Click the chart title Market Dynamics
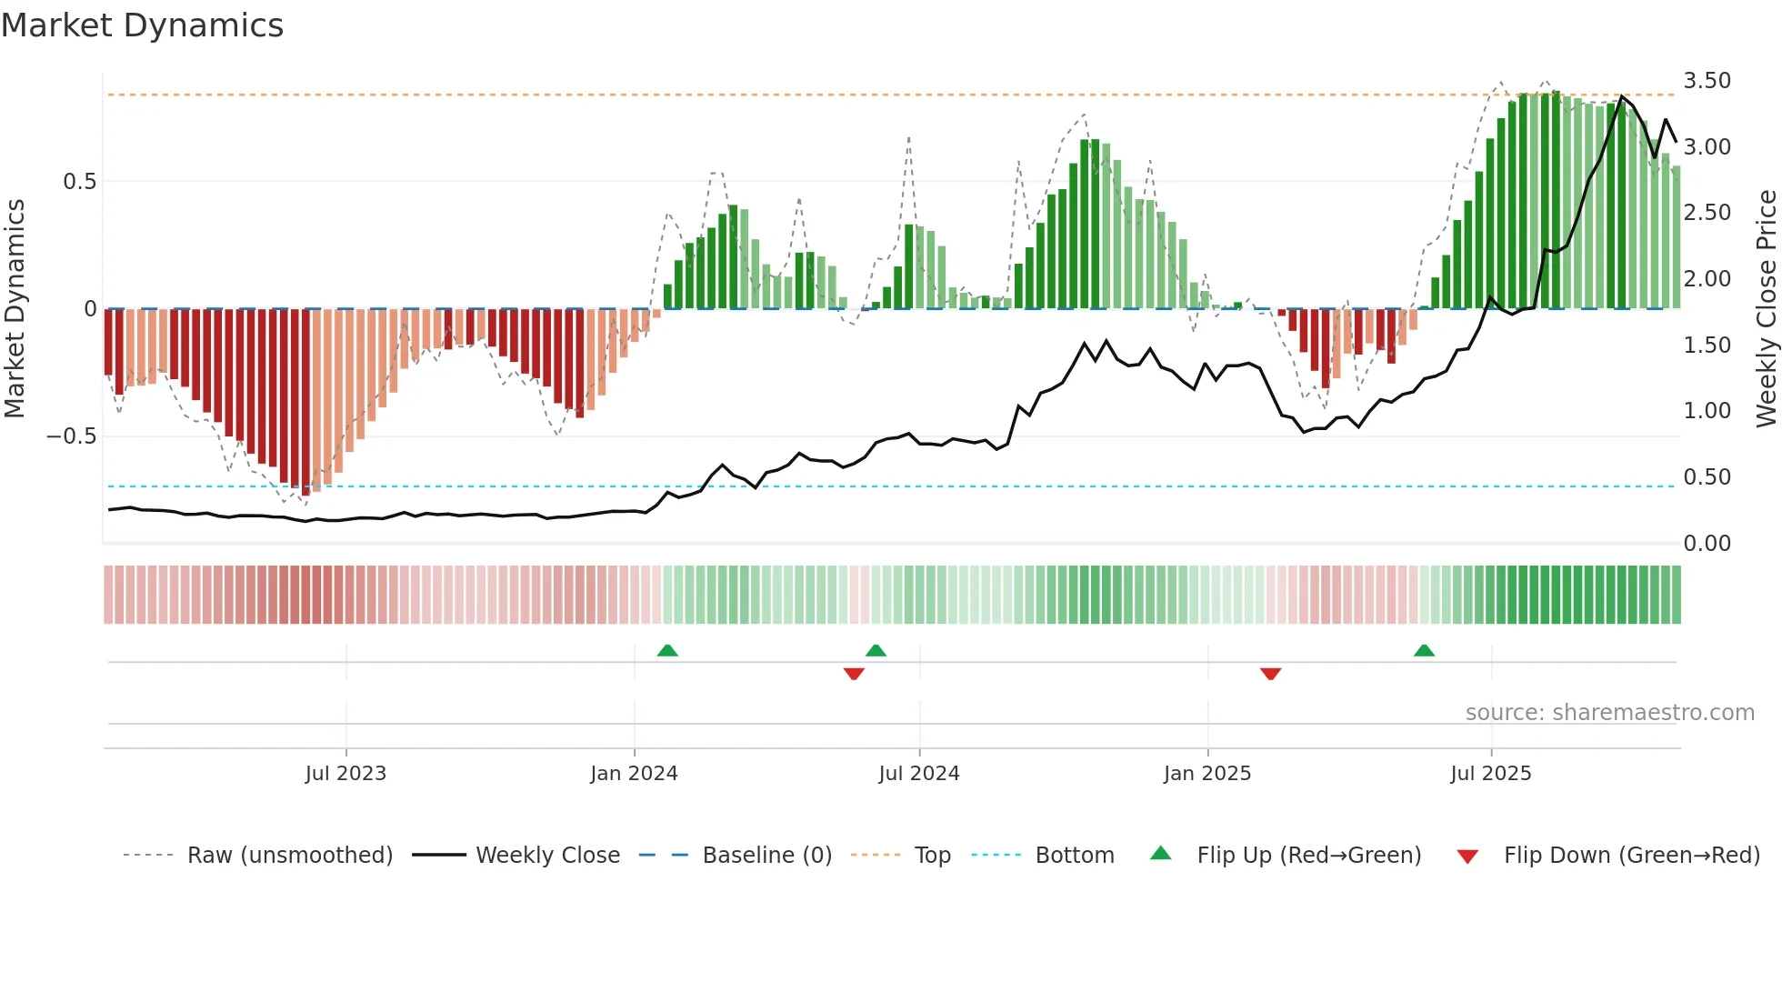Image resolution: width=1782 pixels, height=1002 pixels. coord(142,25)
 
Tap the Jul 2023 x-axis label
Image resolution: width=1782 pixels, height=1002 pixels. coord(345,774)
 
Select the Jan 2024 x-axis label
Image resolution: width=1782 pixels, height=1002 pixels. coord(634,774)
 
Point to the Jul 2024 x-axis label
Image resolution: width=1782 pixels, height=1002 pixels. coord(918,774)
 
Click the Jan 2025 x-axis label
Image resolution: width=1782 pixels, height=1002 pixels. coord(1207,774)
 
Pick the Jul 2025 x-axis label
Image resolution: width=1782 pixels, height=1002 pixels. coord(1490,774)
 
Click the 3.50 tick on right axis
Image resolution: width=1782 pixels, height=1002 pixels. coord(1707,81)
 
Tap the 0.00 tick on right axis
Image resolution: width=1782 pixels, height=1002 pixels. coord(1707,544)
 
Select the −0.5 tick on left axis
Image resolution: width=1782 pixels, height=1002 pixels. coord(71,436)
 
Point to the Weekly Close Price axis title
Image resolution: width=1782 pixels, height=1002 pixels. coord(1766,308)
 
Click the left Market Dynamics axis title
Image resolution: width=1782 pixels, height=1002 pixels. coord(15,308)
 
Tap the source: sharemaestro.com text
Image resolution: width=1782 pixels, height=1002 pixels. coord(1609,713)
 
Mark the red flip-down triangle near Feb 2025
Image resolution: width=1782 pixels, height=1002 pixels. coord(1270,674)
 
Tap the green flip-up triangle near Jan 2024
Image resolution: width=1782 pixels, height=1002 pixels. coord(667,650)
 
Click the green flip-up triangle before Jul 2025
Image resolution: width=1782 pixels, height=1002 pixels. coord(1424,650)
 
